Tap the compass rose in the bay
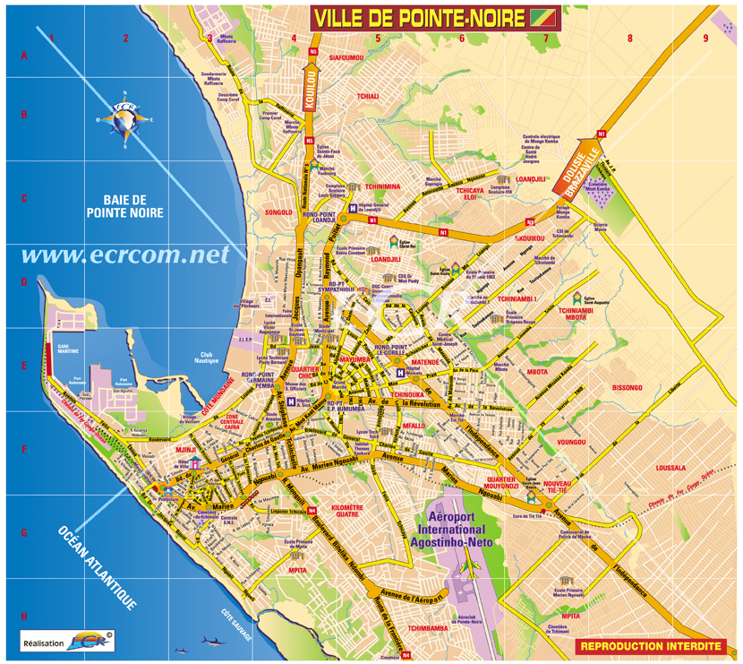pyautogui.click(x=124, y=117)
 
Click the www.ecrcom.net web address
pyautogui.click(x=124, y=255)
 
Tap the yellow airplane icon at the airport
pyautogui.click(x=470, y=567)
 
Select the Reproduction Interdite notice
pyautogui.click(x=650, y=645)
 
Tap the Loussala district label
pyautogui.click(x=670, y=468)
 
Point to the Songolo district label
pyautogui.click(x=278, y=212)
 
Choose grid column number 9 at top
pyautogui.click(x=705, y=38)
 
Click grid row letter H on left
pyautogui.click(x=24, y=617)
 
